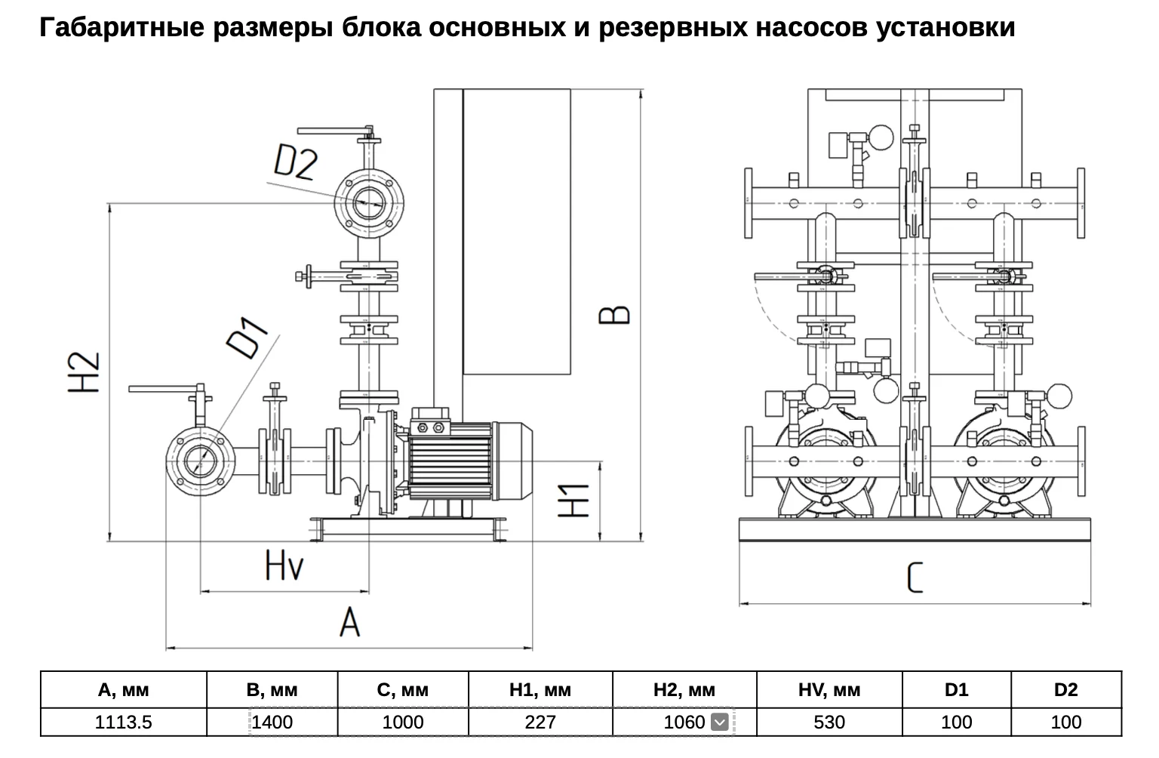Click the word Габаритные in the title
pos(122,27)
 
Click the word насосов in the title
pos(811,27)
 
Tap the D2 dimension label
pos(294,162)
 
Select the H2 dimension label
pos(85,372)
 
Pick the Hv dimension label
pos(284,565)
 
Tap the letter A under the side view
pos(350,622)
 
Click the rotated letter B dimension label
pos(614,315)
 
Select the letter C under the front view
pos(915,578)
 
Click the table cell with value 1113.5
pos(124,722)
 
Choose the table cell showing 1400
pos(272,722)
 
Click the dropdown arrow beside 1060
pos(720,722)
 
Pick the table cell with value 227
pos(540,722)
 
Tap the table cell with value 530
pos(829,722)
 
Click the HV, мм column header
pos(829,689)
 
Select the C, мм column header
pos(403,689)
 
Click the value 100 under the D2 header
pos(1066,722)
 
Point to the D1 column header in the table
pos(956,689)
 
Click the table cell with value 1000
pos(403,722)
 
